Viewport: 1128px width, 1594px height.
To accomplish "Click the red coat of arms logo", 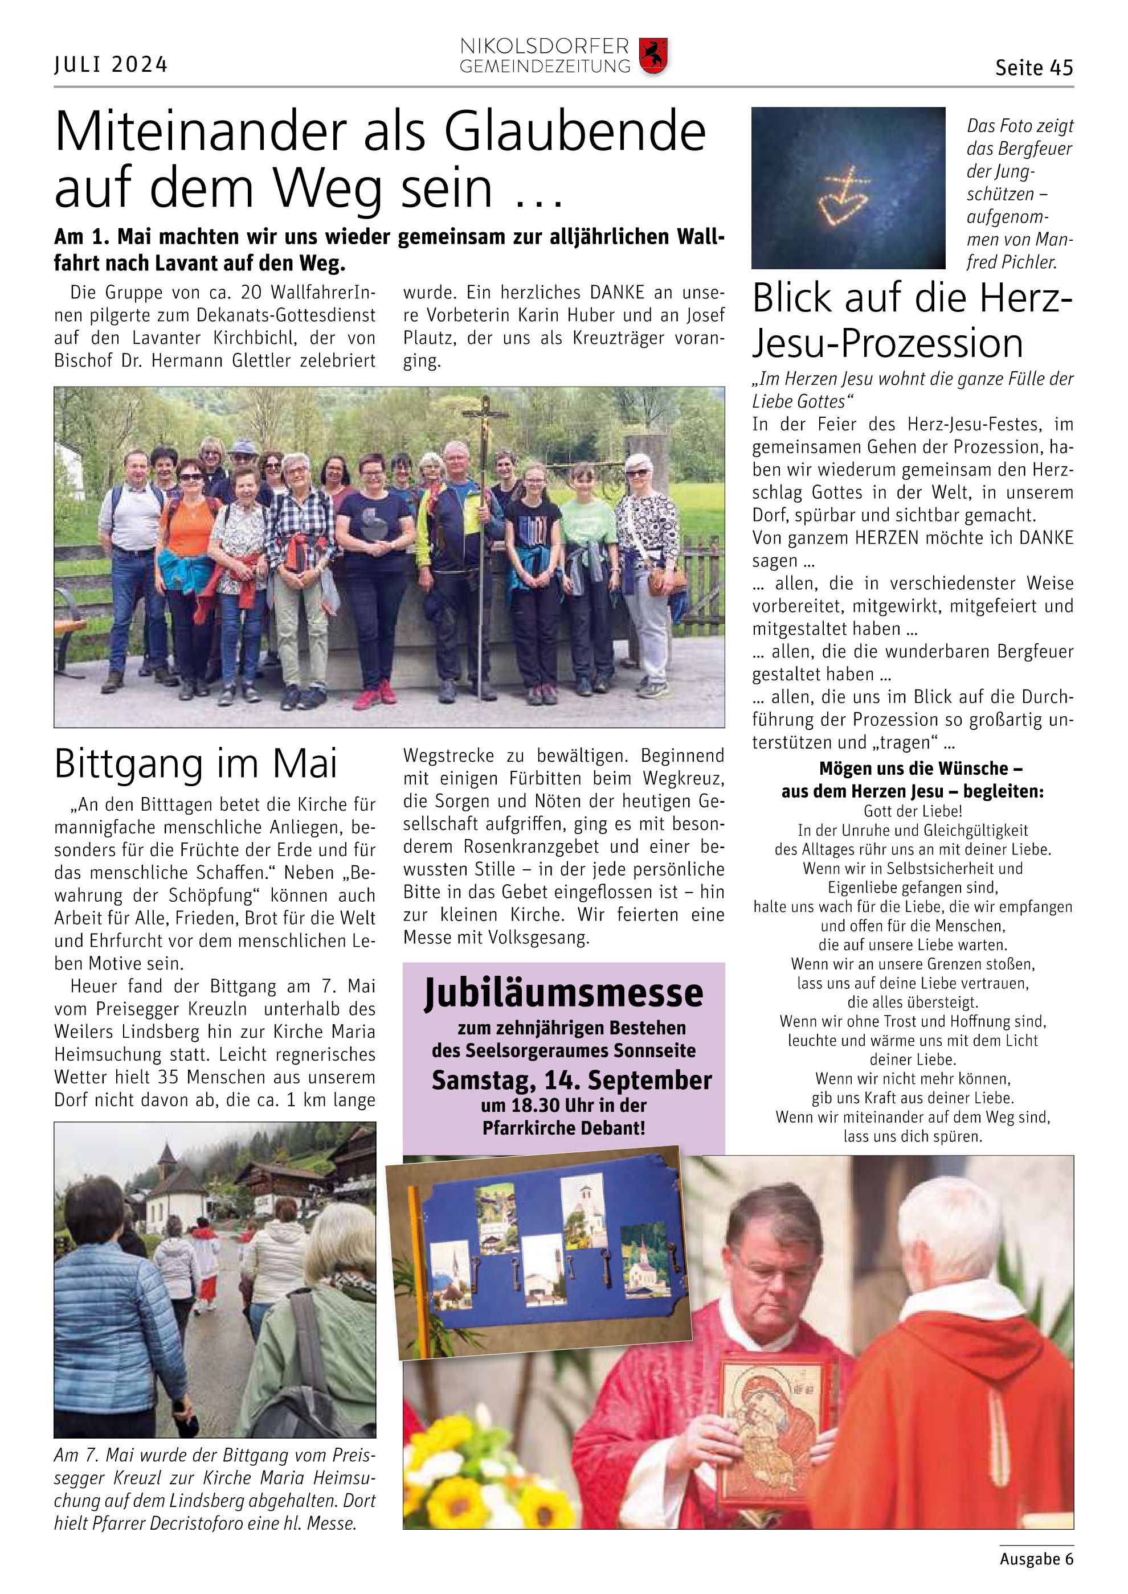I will (652, 56).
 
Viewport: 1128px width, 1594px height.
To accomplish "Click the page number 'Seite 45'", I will (1033, 68).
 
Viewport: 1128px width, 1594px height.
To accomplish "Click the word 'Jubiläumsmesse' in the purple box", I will (563, 993).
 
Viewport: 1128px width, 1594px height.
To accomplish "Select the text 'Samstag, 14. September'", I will (571, 1081).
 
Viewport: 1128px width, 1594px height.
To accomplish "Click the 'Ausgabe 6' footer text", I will (1036, 1559).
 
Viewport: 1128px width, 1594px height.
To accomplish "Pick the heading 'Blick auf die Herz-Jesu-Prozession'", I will (912, 320).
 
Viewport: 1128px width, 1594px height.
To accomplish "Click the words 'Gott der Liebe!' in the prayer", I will (913, 811).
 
